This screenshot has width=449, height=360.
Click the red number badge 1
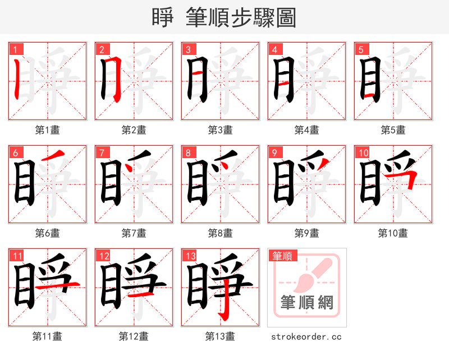point(15,49)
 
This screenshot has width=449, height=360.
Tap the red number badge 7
point(101,153)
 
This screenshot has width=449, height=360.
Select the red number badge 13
point(189,256)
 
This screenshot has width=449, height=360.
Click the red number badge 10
point(363,153)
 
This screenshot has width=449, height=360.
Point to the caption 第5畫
point(393,130)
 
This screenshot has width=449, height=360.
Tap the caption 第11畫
point(47,336)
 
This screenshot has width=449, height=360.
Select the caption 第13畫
point(220,336)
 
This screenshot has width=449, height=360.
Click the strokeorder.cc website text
point(306,336)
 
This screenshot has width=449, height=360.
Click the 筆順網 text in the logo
point(306,303)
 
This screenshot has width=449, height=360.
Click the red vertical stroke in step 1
point(18,79)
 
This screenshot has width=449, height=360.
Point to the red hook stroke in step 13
point(223,303)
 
